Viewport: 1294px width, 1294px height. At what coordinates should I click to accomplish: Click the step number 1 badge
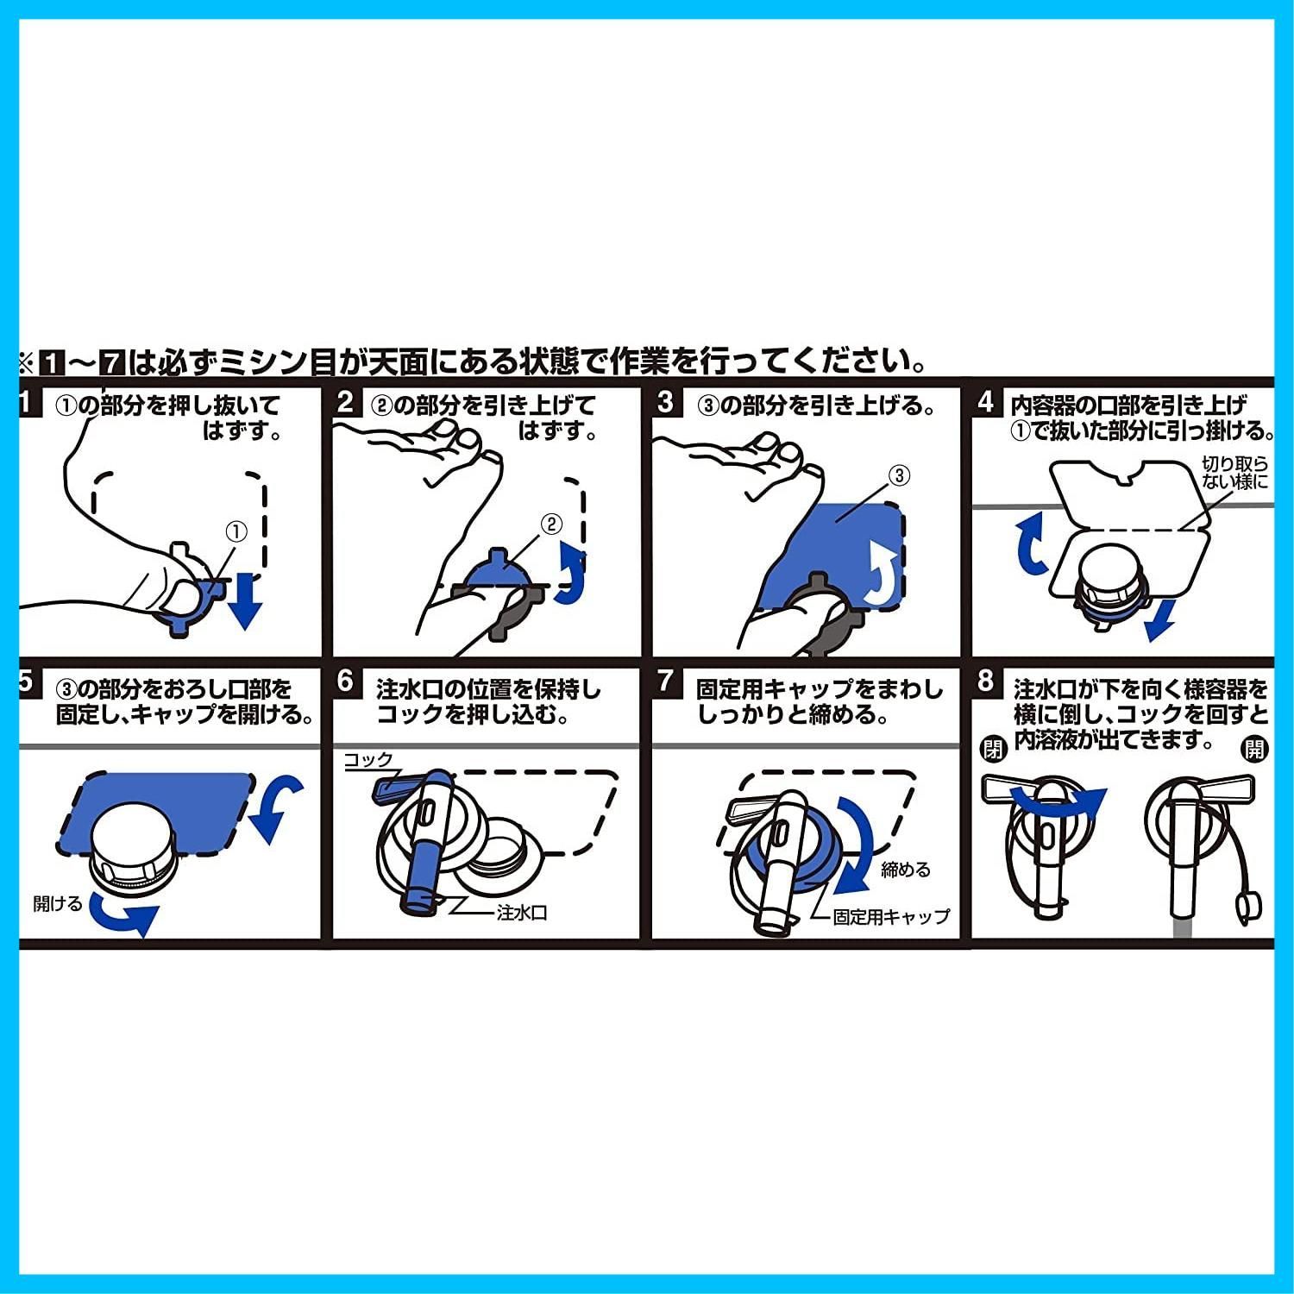tap(28, 402)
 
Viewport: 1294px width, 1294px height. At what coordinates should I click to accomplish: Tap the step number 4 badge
tap(986, 403)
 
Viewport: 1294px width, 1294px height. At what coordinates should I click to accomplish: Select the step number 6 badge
tap(345, 682)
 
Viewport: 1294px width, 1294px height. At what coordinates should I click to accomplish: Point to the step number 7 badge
tap(664, 682)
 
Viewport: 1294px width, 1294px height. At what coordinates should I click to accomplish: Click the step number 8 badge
tap(986, 682)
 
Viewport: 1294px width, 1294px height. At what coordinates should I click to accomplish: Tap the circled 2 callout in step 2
tap(550, 524)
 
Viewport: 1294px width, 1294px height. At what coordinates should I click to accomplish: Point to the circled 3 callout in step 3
tap(899, 474)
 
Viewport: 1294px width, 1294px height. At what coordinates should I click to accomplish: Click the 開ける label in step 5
tap(58, 903)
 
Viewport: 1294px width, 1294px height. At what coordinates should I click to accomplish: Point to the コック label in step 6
tap(368, 759)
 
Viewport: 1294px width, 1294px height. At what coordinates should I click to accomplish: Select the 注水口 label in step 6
tap(523, 913)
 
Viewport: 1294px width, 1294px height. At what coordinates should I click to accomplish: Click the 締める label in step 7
tap(906, 870)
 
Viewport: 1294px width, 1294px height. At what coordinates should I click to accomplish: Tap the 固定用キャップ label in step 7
tap(891, 917)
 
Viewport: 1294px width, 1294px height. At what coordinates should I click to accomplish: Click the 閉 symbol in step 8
tap(994, 749)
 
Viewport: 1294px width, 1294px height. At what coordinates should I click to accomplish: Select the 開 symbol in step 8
tap(1253, 749)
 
